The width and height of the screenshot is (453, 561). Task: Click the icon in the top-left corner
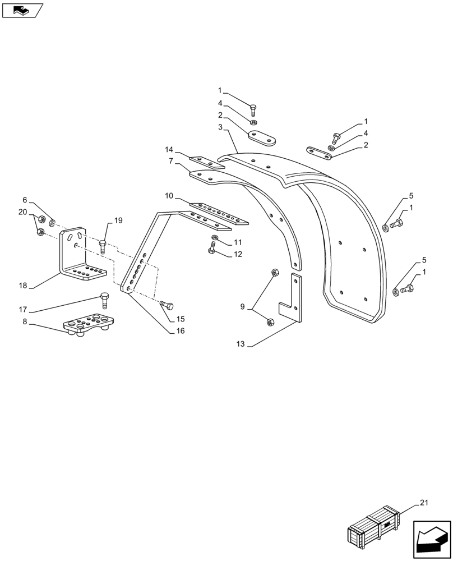pyautogui.click(x=22, y=10)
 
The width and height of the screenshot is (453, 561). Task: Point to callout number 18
pyautogui.click(x=22, y=286)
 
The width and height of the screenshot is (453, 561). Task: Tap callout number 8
pyautogui.click(x=24, y=322)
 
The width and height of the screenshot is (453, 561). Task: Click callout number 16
pyautogui.click(x=180, y=331)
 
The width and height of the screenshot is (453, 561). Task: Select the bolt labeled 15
pyautogui.click(x=167, y=305)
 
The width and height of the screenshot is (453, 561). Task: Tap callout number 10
pyautogui.click(x=168, y=195)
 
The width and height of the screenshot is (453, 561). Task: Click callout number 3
pyautogui.click(x=221, y=128)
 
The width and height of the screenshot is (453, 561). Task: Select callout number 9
pyautogui.click(x=242, y=306)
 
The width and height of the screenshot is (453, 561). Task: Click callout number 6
pyautogui.click(x=25, y=200)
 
